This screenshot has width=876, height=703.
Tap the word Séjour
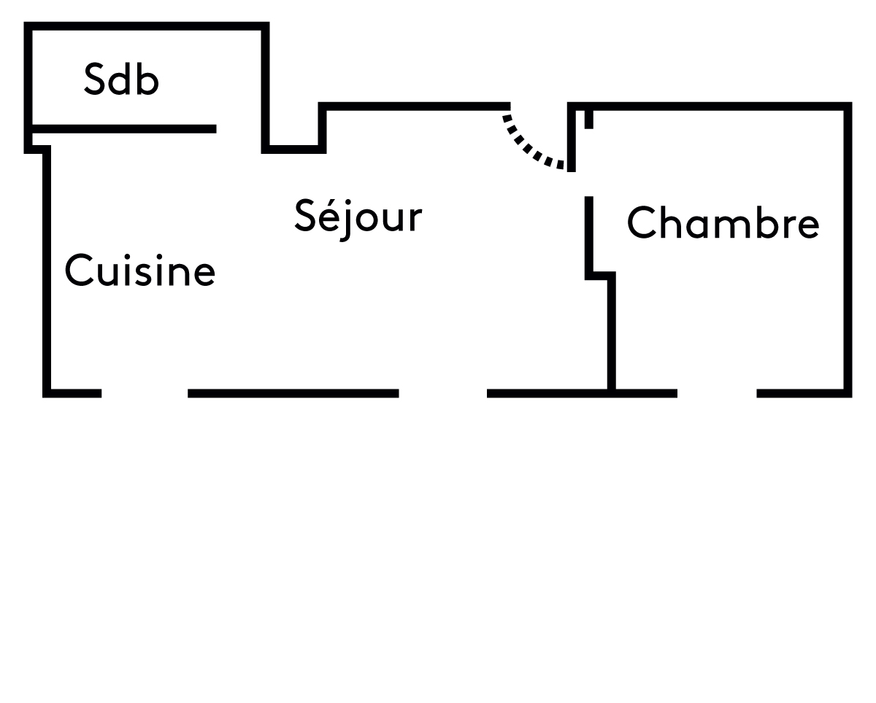358,217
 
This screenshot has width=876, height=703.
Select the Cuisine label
139,271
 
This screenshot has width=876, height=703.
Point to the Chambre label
723,222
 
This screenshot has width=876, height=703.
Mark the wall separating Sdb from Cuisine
124,129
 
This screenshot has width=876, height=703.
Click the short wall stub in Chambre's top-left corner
589,118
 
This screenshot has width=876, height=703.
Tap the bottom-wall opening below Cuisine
145,393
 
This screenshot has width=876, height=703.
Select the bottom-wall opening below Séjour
442,393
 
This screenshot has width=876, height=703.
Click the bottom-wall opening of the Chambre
717,393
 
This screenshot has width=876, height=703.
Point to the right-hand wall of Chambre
848,248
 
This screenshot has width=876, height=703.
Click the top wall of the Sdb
146,26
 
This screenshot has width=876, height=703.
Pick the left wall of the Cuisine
47,270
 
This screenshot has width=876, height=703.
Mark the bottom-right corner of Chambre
848,393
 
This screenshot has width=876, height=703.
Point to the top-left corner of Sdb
28,26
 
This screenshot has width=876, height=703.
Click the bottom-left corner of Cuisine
47,393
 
